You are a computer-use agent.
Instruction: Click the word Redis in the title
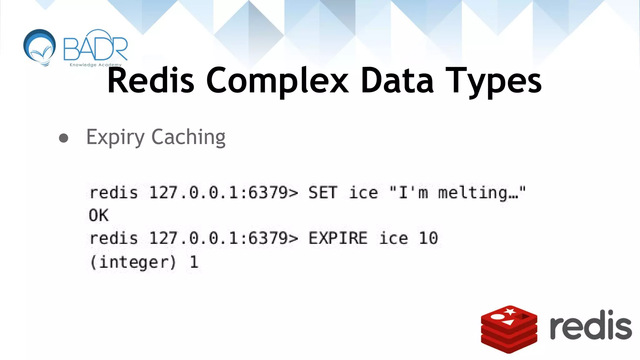click(151, 81)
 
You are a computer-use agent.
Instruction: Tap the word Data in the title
click(397, 81)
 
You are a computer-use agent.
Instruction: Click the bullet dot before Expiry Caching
click(64, 138)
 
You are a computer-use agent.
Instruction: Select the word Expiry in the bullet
click(115, 137)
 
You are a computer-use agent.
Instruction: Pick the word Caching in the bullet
click(188, 137)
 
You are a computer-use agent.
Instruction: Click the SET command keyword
click(323, 192)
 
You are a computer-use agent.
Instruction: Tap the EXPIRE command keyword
click(338, 238)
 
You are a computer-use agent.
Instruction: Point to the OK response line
click(99, 215)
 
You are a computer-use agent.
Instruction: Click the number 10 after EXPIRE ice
click(428, 238)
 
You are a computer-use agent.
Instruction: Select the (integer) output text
click(133, 262)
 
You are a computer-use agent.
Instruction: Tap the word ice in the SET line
click(363, 192)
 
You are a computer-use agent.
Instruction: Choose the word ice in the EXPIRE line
click(393, 238)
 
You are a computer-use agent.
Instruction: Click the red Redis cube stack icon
click(509, 329)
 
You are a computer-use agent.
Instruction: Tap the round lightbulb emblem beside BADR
click(40, 47)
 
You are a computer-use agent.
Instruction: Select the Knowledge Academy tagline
click(95, 65)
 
